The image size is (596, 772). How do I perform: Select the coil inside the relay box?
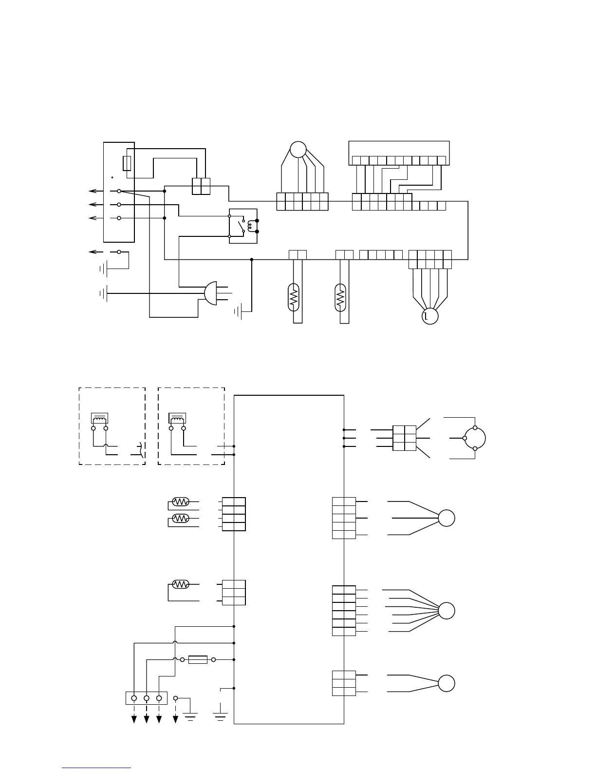pos(251,226)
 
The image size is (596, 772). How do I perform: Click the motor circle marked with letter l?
pos(430,316)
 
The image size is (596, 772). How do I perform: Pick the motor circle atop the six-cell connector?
pos(298,149)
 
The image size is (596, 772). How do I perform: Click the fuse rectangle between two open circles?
pos(198,659)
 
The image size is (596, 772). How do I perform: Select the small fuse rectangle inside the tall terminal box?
pos(127,163)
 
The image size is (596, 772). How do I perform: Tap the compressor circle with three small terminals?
pos(475,438)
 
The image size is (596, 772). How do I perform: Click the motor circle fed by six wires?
pos(447,611)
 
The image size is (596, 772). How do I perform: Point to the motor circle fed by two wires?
pos(447,683)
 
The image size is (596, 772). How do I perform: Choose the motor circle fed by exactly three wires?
pos(447,518)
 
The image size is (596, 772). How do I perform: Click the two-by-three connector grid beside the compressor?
pos(404,438)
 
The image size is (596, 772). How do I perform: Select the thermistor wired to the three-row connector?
pos(181,584)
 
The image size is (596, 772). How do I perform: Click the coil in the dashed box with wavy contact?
pos(99,418)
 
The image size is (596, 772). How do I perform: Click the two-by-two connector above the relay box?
pos(201,186)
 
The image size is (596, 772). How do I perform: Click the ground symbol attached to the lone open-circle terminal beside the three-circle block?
pos(190,715)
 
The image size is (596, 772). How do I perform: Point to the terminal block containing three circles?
pos(146,698)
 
